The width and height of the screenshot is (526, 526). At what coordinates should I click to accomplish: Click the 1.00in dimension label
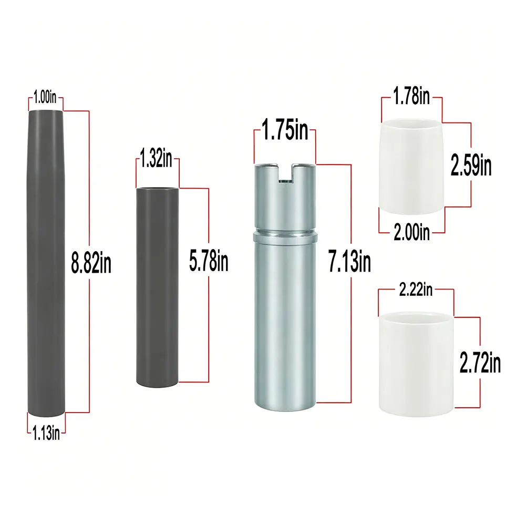[45, 97]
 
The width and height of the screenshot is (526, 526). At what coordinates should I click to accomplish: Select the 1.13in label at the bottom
[46, 433]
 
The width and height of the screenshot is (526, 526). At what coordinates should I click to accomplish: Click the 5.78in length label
[209, 261]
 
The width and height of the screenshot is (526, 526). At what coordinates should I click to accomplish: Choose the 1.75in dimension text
[285, 130]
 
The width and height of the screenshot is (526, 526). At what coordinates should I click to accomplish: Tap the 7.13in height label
[349, 262]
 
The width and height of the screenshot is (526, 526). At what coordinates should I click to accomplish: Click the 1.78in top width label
[411, 96]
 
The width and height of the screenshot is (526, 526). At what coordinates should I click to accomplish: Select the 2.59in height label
[471, 165]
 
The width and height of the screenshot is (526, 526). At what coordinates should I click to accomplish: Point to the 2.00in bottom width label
[411, 232]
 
